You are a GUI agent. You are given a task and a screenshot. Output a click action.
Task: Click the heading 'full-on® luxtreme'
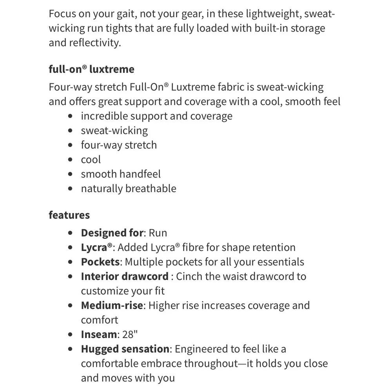91,69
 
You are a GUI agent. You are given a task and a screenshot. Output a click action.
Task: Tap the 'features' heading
69,215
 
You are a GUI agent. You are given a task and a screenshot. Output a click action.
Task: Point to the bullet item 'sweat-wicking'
114,131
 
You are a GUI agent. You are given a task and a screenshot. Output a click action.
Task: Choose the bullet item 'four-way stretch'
119,145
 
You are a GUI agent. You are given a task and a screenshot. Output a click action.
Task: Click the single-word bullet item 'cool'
91,160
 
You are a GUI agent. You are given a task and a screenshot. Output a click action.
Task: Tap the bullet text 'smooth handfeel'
121,174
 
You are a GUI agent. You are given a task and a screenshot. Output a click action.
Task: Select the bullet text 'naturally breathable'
129,189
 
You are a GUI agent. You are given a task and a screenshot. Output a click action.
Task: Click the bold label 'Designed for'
112,233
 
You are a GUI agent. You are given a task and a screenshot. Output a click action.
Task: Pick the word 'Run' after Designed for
158,233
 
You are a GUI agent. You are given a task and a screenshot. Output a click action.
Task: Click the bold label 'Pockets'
100,262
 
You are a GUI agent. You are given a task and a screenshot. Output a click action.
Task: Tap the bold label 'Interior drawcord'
125,276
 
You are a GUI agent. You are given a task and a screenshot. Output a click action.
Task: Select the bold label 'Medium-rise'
112,305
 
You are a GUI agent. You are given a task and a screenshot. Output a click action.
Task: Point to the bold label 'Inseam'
99,334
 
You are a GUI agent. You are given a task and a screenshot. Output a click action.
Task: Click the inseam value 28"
129,334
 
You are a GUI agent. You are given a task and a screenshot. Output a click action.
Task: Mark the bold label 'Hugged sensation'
125,349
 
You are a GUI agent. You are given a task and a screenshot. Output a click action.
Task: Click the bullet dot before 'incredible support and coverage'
70,116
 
